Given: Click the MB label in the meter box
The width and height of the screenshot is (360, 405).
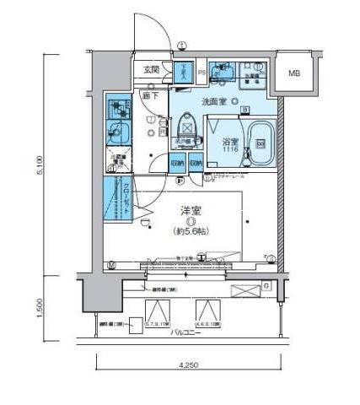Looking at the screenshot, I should point(295,73).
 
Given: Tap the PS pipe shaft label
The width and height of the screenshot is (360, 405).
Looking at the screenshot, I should point(202,73).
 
